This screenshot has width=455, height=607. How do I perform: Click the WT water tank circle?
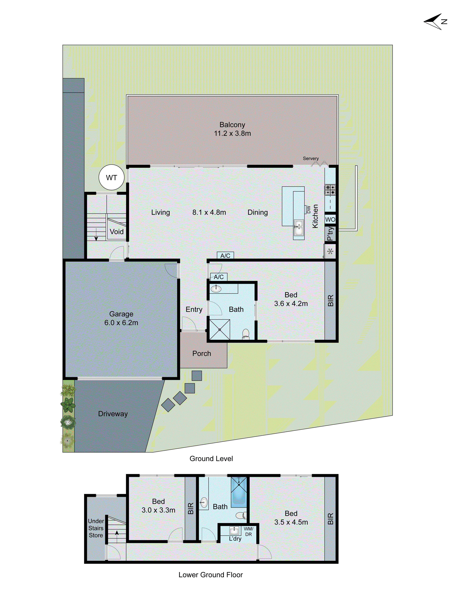click(111, 178)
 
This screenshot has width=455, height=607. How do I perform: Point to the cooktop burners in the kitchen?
click(330, 190)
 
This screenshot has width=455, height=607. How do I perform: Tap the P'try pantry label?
click(330, 234)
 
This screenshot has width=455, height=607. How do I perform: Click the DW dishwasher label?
click(308, 209)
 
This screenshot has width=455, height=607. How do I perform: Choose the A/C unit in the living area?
click(225, 256)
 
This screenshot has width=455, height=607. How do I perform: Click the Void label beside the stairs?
click(117, 232)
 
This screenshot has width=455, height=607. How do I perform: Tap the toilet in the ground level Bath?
click(246, 334)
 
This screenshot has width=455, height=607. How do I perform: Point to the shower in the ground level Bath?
click(220, 330)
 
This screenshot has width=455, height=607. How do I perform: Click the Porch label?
click(202, 353)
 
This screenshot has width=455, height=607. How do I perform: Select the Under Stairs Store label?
click(96, 528)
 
